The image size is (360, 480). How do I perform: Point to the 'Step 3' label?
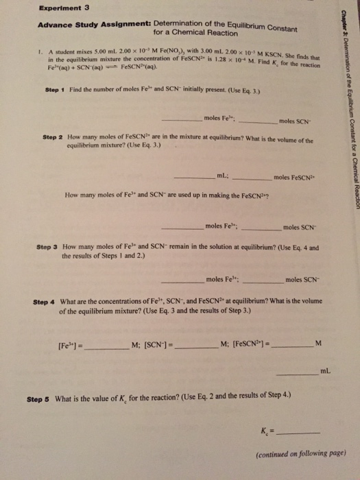(48, 245)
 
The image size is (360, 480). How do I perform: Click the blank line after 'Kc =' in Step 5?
(296, 433)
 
